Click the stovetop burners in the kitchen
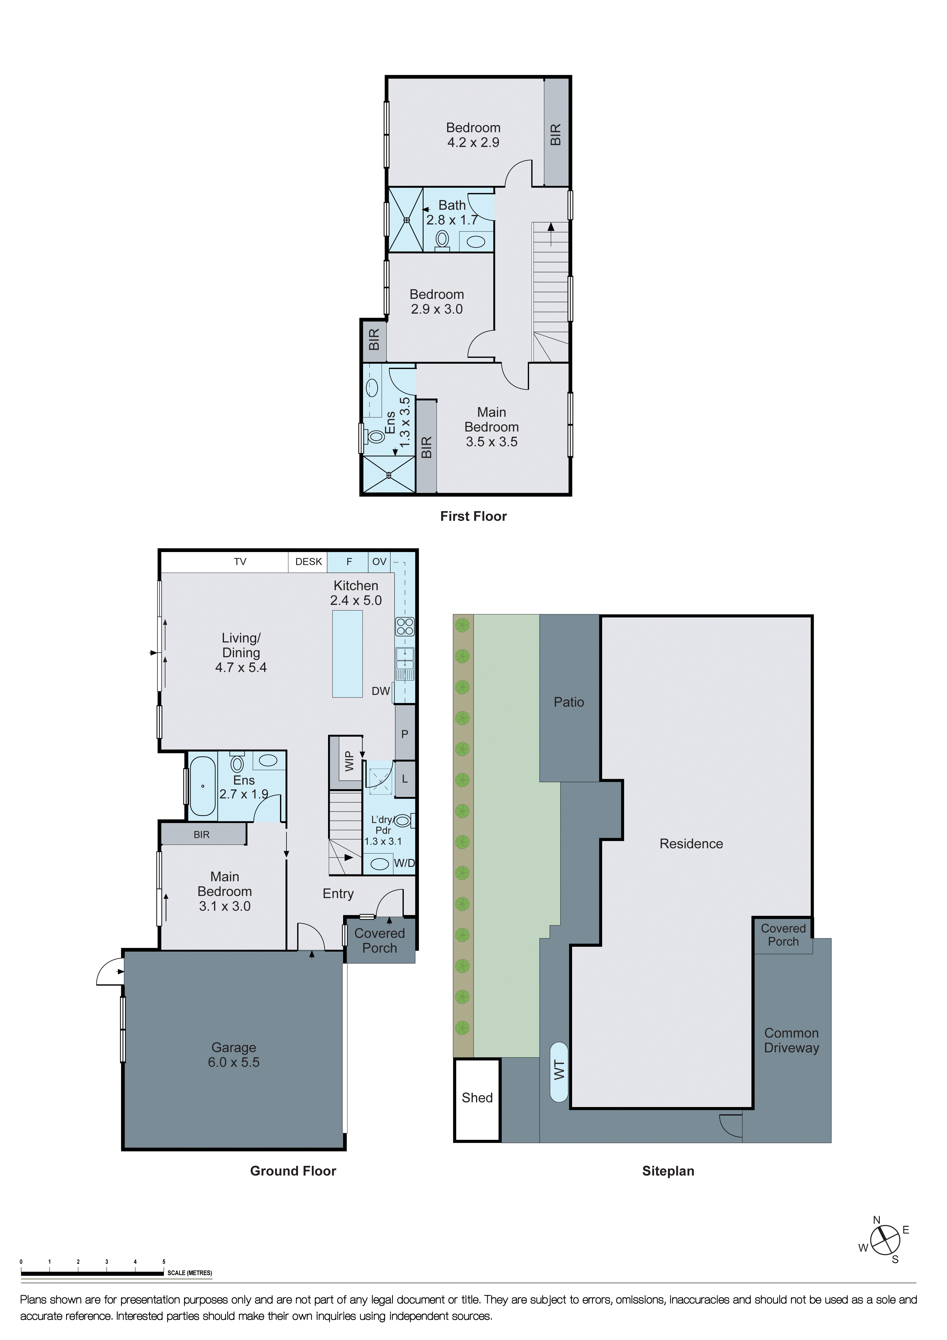[x=405, y=626]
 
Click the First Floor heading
[x=473, y=516]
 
